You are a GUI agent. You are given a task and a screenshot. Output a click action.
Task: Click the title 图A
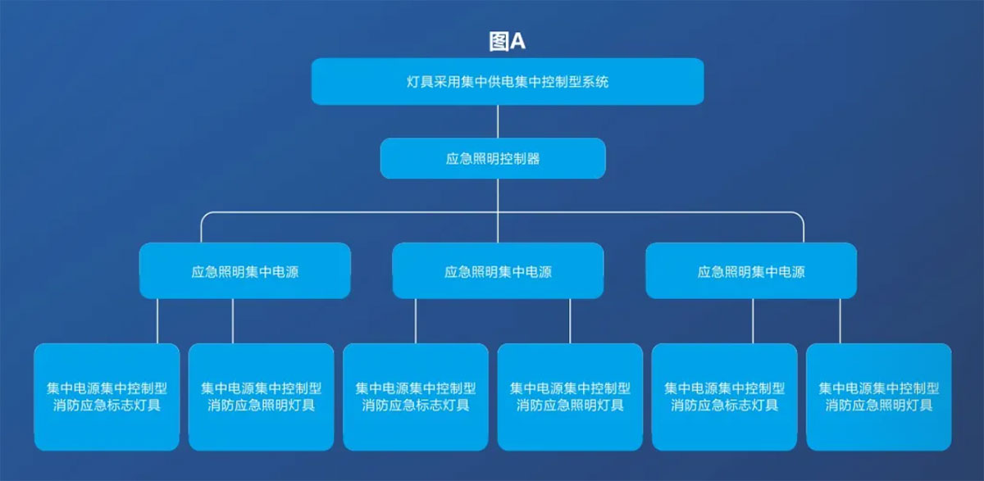508,42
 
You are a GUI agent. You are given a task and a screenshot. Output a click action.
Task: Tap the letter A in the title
518,42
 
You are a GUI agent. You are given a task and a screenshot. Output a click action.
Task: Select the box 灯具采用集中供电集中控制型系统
508,82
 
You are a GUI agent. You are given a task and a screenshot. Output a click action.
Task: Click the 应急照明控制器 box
493,158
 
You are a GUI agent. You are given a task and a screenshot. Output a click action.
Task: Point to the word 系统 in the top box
595,82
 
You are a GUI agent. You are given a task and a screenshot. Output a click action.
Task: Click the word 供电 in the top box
501,82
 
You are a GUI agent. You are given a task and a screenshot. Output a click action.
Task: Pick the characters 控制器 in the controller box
520,158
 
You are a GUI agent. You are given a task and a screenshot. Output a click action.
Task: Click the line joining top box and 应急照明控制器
498,121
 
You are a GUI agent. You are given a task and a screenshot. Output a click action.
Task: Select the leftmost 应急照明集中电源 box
245,270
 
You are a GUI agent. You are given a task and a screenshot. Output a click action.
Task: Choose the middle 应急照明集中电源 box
499,270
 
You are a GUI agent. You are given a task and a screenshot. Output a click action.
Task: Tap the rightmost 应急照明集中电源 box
751,270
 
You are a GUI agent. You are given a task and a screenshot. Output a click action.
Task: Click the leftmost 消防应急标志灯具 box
107,397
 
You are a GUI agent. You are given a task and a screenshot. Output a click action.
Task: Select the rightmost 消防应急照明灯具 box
879,397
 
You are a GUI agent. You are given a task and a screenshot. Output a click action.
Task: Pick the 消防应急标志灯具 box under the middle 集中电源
416,397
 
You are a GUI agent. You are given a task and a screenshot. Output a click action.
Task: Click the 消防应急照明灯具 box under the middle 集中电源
570,397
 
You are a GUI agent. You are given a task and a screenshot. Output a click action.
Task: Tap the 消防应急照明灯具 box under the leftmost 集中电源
262,397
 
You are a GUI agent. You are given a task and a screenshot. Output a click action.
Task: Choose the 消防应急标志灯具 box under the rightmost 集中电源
724,397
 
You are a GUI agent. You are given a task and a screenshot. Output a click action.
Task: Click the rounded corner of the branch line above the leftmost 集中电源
204,216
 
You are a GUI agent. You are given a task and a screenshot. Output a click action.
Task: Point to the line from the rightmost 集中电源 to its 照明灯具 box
840,321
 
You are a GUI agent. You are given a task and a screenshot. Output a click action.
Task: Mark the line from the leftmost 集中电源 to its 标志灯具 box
157,321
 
